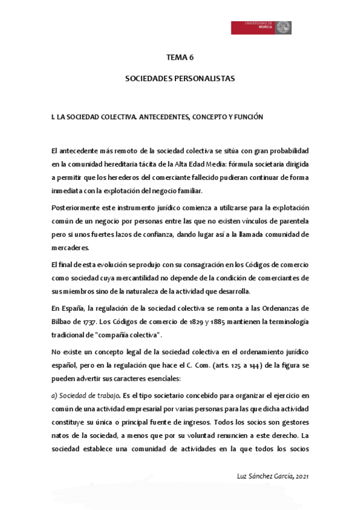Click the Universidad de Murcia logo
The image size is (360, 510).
pos(261,28)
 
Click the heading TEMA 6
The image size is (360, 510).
pos(180,58)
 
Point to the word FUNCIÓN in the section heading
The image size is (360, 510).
pos(248,117)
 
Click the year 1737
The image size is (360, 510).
pos(90,321)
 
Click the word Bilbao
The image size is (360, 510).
pos(63,321)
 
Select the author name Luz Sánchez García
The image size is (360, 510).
pos(266,476)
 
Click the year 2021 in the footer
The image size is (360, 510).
pos(302,476)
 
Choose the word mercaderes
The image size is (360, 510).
pos(70,247)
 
